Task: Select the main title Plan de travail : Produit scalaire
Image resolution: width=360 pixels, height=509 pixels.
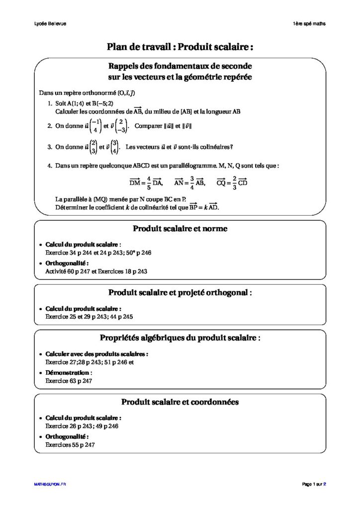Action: [180, 47]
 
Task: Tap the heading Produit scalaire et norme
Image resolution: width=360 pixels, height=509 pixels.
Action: [180, 229]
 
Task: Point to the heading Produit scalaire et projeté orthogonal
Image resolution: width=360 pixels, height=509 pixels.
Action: [180, 292]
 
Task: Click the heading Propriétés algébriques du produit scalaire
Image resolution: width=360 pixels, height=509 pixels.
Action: [180, 338]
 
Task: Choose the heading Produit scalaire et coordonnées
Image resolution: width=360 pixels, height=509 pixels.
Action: [180, 401]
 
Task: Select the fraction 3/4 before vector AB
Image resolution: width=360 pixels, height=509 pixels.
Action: [191, 183]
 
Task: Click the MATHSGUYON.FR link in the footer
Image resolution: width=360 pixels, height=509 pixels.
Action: [50, 484]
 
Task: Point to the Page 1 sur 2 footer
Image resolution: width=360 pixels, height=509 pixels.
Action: [314, 484]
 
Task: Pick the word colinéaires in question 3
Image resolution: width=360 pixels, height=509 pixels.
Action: [214, 147]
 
